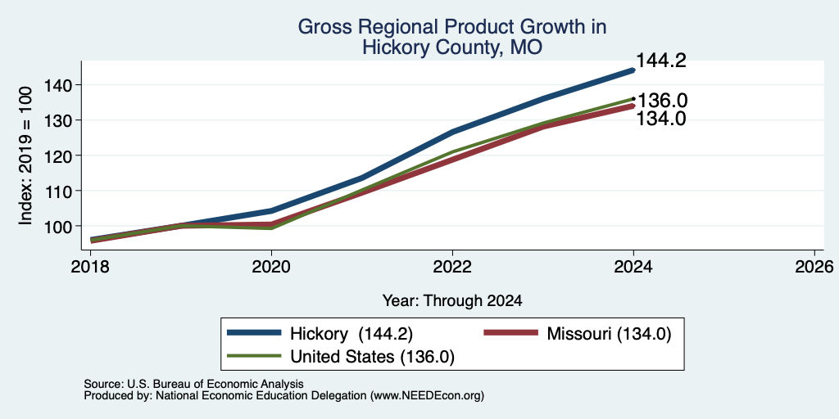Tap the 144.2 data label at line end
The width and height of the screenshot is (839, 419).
pyautogui.click(x=660, y=61)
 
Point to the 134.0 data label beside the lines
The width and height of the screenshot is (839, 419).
pyautogui.click(x=660, y=118)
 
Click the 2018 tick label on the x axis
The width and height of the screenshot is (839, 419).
pyautogui.click(x=90, y=266)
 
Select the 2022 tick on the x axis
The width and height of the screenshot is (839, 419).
pyautogui.click(x=452, y=266)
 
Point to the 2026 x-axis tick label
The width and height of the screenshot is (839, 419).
pyautogui.click(x=814, y=266)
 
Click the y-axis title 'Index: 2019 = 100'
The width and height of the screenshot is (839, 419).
pyautogui.click(x=25, y=155)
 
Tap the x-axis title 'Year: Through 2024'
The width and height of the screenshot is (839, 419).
pyautogui.click(x=452, y=301)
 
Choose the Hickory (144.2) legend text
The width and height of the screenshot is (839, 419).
pyautogui.click(x=351, y=334)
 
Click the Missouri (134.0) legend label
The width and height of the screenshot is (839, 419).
pyautogui.click(x=609, y=334)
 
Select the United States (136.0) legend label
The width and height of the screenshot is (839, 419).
pyautogui.click(x=373, y=357)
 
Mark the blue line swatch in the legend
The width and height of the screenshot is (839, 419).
pyautogui.click(x=254, y=333)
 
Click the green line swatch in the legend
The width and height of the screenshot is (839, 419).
pyautogui.click(x=254, y=356)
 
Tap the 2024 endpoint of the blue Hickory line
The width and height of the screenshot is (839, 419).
pyautogui.click(x=633, y=70)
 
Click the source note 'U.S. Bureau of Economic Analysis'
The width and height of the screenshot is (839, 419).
pyautogui.click(x=215, y=384)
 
